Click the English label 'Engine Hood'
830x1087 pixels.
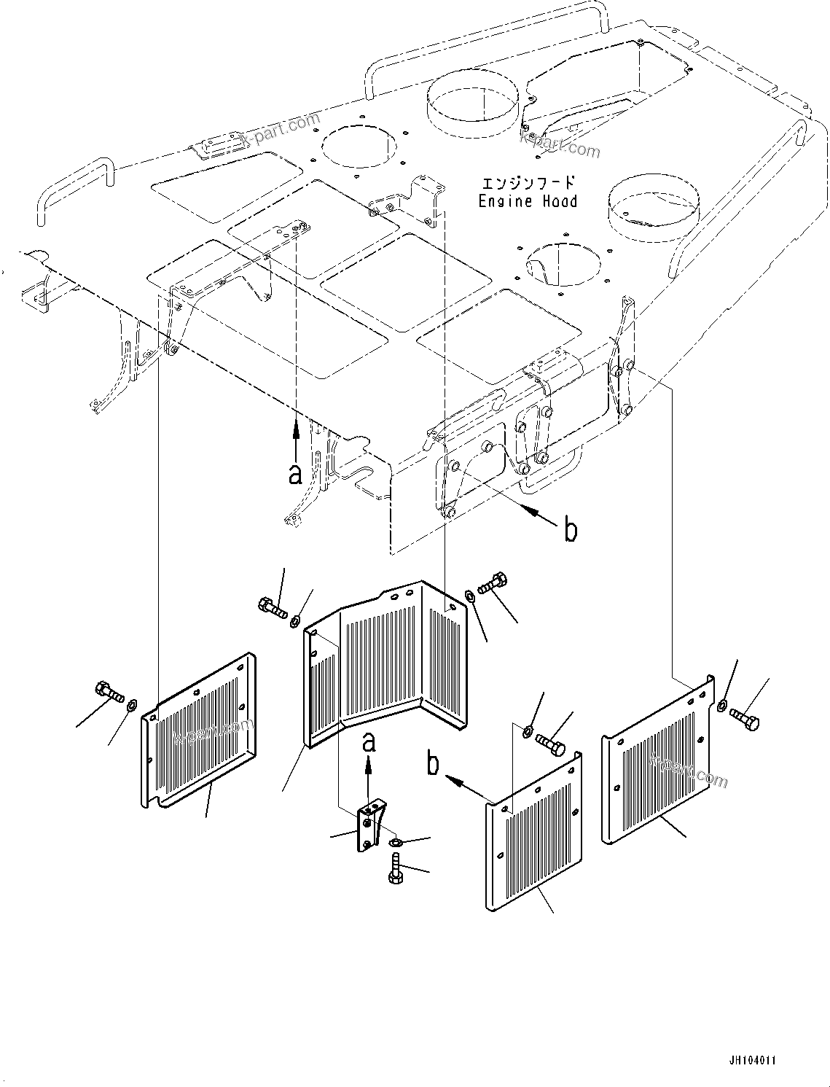528,202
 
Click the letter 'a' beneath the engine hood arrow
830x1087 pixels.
295,475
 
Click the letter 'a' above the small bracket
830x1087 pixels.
369,742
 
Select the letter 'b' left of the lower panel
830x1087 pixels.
434,765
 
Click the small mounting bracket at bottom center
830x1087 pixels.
370,825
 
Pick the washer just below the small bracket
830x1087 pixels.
396,844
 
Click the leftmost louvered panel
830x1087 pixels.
198,736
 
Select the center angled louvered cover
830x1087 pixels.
383,663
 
